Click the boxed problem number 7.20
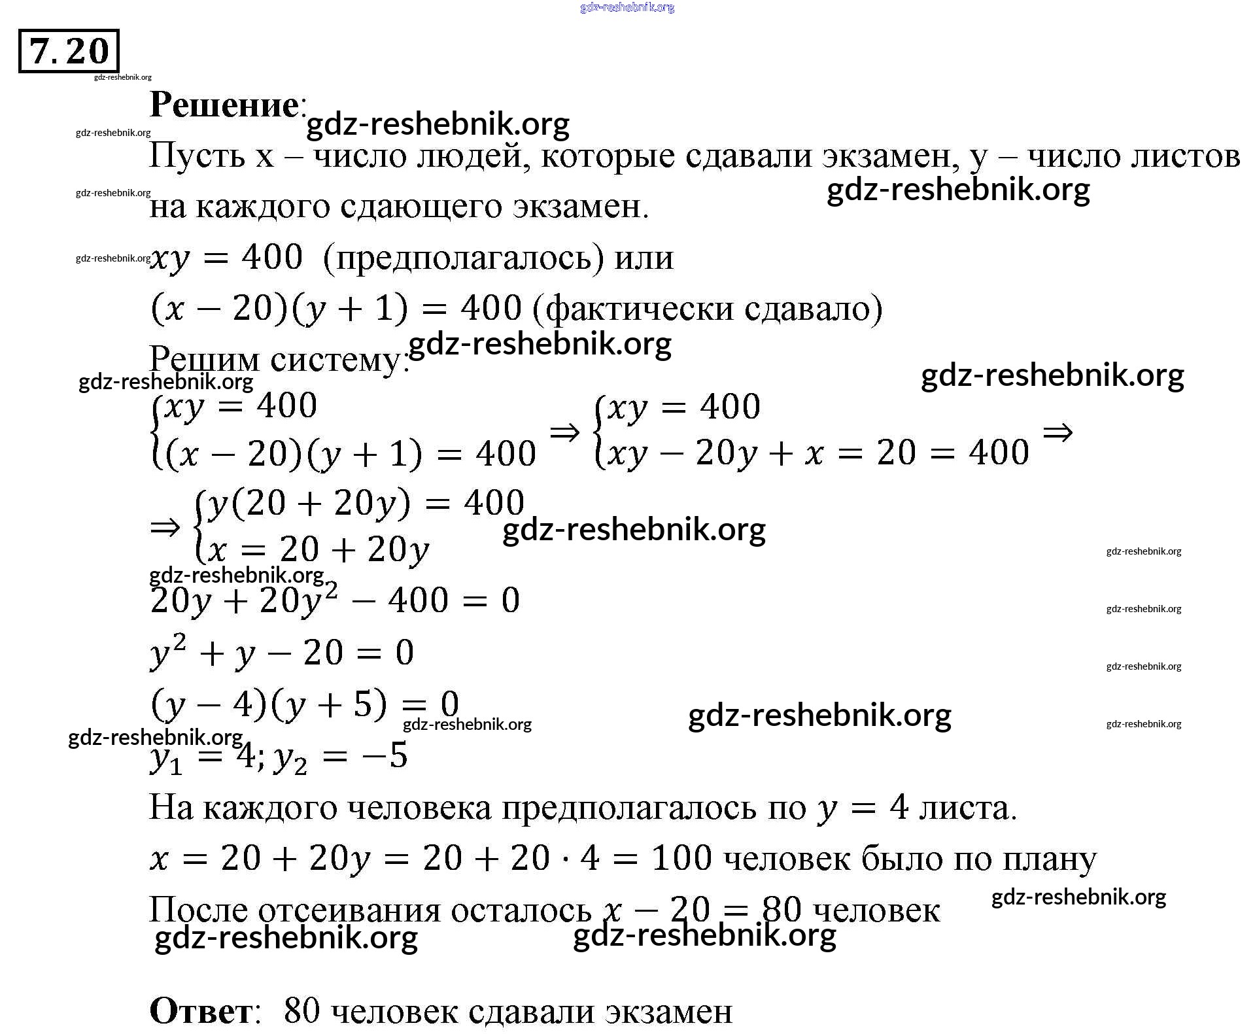(69, 51)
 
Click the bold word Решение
(224, 105)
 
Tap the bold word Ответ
(201, 1011)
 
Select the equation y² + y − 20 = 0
(282, 652)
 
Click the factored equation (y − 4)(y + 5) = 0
(305, 704)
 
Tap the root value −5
(389, 755)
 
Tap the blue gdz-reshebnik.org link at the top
(627, 7)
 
